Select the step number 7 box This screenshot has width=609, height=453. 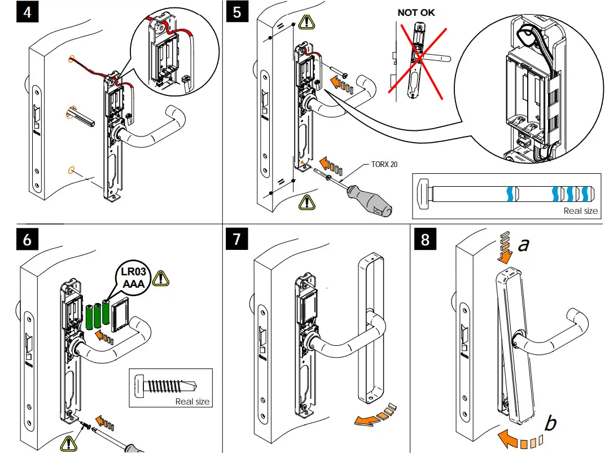237,239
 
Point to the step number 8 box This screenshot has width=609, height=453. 425,239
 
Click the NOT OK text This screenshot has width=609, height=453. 416,12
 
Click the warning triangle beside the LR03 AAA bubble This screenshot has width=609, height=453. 162,278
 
